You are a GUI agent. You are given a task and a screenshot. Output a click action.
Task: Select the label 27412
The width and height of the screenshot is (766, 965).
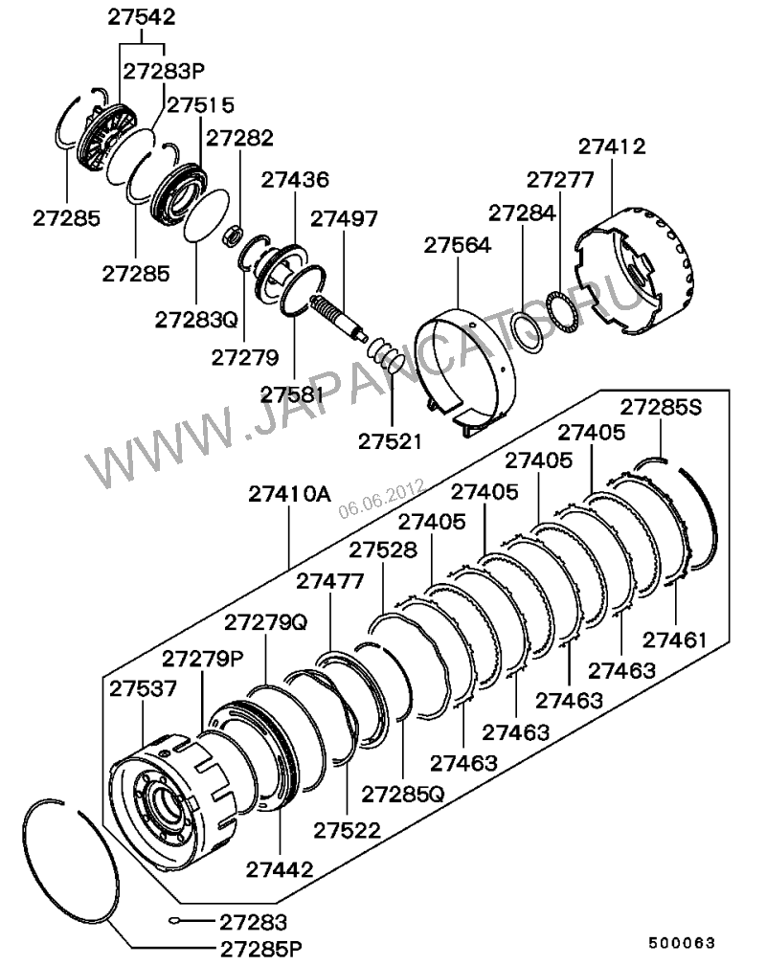tap(612, 146)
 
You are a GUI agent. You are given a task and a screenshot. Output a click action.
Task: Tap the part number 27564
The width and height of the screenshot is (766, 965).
tap(458, 245)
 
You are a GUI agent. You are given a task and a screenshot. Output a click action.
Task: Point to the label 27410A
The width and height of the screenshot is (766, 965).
tap(289, 495)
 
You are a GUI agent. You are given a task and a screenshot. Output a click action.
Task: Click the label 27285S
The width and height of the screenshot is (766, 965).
tap(660, 406)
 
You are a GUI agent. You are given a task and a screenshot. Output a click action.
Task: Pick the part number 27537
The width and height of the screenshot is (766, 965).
tap(142, 689)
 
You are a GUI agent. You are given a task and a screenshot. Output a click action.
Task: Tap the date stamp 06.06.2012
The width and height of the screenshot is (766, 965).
tap(380, 498)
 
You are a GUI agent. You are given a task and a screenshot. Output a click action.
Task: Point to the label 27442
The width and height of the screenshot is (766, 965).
tap(279, 869)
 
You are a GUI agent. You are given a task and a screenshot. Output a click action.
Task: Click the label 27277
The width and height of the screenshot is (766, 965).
tap(560, 180)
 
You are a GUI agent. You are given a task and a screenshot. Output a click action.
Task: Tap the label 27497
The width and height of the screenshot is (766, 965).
tap(343, 217)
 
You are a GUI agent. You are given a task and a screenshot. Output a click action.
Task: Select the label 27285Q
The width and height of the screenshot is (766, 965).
tap(403, 794)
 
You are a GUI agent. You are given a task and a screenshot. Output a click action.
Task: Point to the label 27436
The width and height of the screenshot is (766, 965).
tap(295, 179)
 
